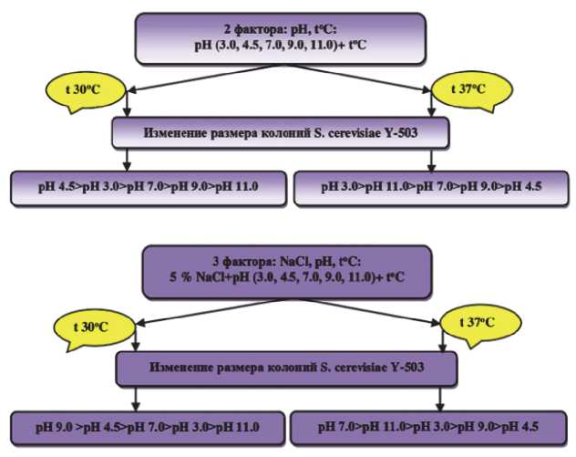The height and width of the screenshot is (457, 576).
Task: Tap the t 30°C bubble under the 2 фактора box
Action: (x=77, y=89)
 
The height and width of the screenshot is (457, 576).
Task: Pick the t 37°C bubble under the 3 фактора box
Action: (x=479, y=323)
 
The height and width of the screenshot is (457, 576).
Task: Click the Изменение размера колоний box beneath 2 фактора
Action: (x=283, y=133)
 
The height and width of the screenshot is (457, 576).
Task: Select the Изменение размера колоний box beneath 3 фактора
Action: (x=283, y=370)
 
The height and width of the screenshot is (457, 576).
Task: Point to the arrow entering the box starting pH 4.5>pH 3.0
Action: (x=127, y=161)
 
